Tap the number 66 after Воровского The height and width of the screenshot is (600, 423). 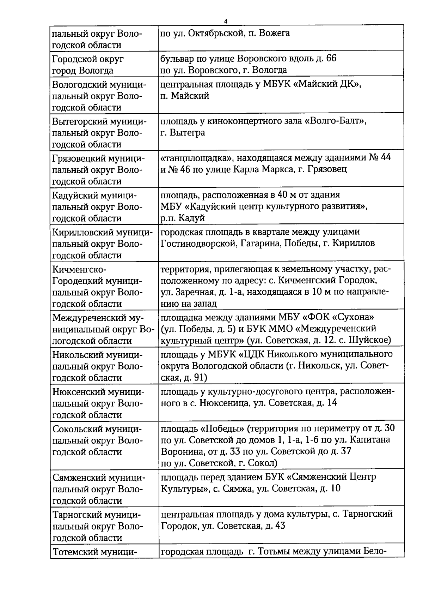click(331, 58)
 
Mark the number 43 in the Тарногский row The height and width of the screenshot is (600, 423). click(280, 526)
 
